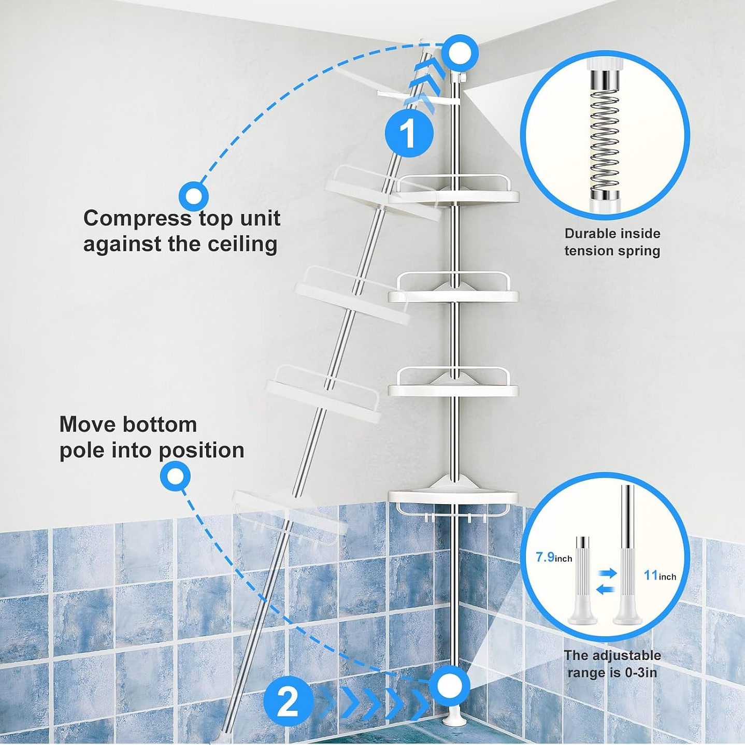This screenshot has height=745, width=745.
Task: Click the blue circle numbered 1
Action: [x=409, y=133]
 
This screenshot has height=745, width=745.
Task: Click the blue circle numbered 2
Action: [x=288, y=703]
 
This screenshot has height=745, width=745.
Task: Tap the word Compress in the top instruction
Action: [x=137, y=218]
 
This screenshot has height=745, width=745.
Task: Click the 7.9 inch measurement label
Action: [x=553, y=557]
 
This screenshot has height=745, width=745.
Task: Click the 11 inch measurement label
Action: [x=660, y=575]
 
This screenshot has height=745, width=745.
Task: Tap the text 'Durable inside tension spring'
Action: [x=612, y=242]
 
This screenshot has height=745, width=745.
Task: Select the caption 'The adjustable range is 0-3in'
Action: [x=612, y=664]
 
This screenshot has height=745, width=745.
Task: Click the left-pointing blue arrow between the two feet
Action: [x=604, y=589]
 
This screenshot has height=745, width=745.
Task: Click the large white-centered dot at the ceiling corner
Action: [x=459, y=52]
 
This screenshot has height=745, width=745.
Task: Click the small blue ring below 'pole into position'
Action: [x=176, y=476]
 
